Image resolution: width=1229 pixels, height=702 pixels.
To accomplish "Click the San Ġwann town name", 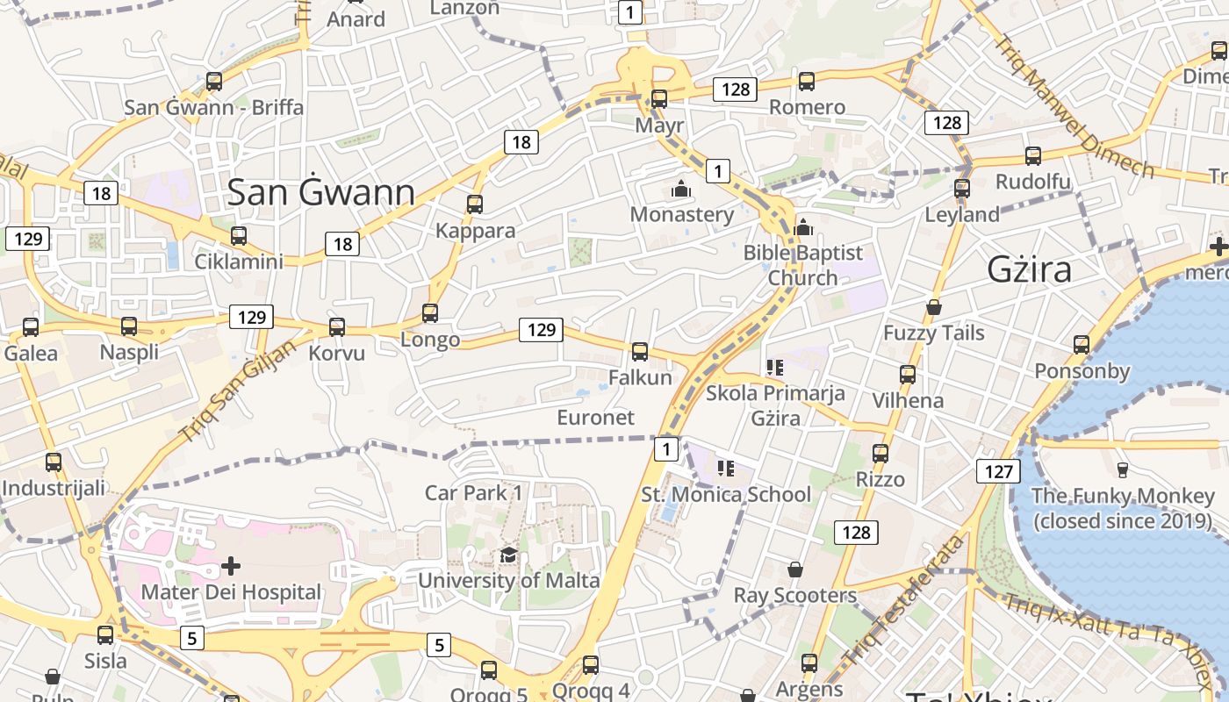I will pyautogui.click(x=320, y=193).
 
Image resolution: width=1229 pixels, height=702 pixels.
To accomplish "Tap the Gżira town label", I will pyautogui.click(x=1029, y=269).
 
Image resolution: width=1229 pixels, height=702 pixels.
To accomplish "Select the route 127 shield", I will pyautogui.click(x=998, y=471).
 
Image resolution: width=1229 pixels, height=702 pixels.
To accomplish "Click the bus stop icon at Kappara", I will pyautogui.click(x=475, y=204).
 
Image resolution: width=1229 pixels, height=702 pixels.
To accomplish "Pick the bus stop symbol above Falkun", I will pyautogui.click(x=640, y=352).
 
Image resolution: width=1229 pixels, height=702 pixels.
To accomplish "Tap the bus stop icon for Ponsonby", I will pyautogui.click(x=1082, y=345).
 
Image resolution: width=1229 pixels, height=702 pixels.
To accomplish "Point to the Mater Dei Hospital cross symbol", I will pyautogui.click(x=231, y=566).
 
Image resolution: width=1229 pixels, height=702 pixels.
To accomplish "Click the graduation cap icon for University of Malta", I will pyautogui.click(x=508, y=555).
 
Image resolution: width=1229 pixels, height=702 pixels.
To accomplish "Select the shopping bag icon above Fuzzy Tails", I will pyautogui.click(x=934, y=307).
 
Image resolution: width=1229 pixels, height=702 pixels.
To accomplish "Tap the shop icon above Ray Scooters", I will pyautogui.click(x=795, y=569).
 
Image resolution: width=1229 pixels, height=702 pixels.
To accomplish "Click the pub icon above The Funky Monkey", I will pyautogui.click(x=1122, y=469).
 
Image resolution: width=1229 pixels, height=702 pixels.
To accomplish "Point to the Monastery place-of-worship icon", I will pyautogui.click(x=681, y=189).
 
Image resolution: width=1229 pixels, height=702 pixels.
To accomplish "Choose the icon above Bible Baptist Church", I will pyautogui.click(x=802, y=227).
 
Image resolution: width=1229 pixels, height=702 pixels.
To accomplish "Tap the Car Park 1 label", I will pyautogui.click(x=473, y=492).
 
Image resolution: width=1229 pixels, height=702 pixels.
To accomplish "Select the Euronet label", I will pyautogui.click(x=595, y=417).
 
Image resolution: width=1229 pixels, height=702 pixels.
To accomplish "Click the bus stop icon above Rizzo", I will pyautogui.click(x=880, y=454).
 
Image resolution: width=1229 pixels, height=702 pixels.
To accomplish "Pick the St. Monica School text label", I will pyautogui.click(x=726, y=494).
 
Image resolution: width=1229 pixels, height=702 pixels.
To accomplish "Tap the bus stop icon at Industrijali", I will pyautogui.click(x=54, y=462).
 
